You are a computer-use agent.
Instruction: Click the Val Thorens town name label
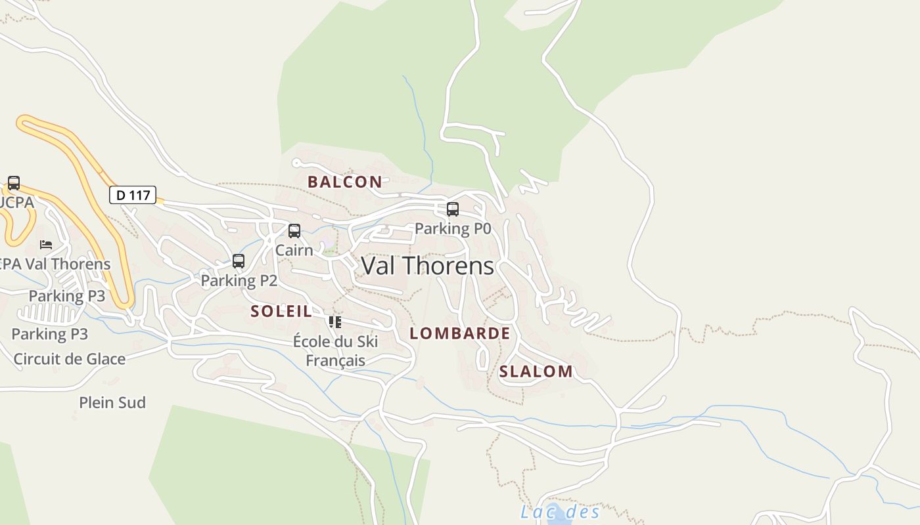[x=427, y=266]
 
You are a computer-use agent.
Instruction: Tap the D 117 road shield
[x=132, y=195]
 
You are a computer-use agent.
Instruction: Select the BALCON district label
[x=344, y=182]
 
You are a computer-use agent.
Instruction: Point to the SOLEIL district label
[x=281, y=311]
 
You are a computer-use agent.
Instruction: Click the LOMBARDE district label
[x=459, y=333]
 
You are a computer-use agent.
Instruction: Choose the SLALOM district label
[x=536, y=371]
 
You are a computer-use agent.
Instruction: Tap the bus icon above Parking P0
[x=453, y=209]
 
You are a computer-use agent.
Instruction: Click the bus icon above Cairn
[x=294, y=231]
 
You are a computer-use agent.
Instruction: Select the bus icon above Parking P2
[x=239, y=261]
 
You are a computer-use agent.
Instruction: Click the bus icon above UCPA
[x=14, y=183]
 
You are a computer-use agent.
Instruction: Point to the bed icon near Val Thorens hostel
[x=46, y=245]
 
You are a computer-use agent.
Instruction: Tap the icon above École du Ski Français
[x=335, y=322]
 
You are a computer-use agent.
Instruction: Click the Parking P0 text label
[x=453, y=228]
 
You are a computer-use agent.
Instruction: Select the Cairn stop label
[x=294, y=250]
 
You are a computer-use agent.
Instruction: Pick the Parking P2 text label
[x=239, y=280]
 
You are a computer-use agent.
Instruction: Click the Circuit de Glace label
[x=69, y=359]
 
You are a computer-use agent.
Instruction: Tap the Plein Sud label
[x=112, y=402]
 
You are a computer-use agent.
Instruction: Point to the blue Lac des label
[x=560, y=512]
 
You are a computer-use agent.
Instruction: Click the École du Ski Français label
[x=335, y=350]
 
